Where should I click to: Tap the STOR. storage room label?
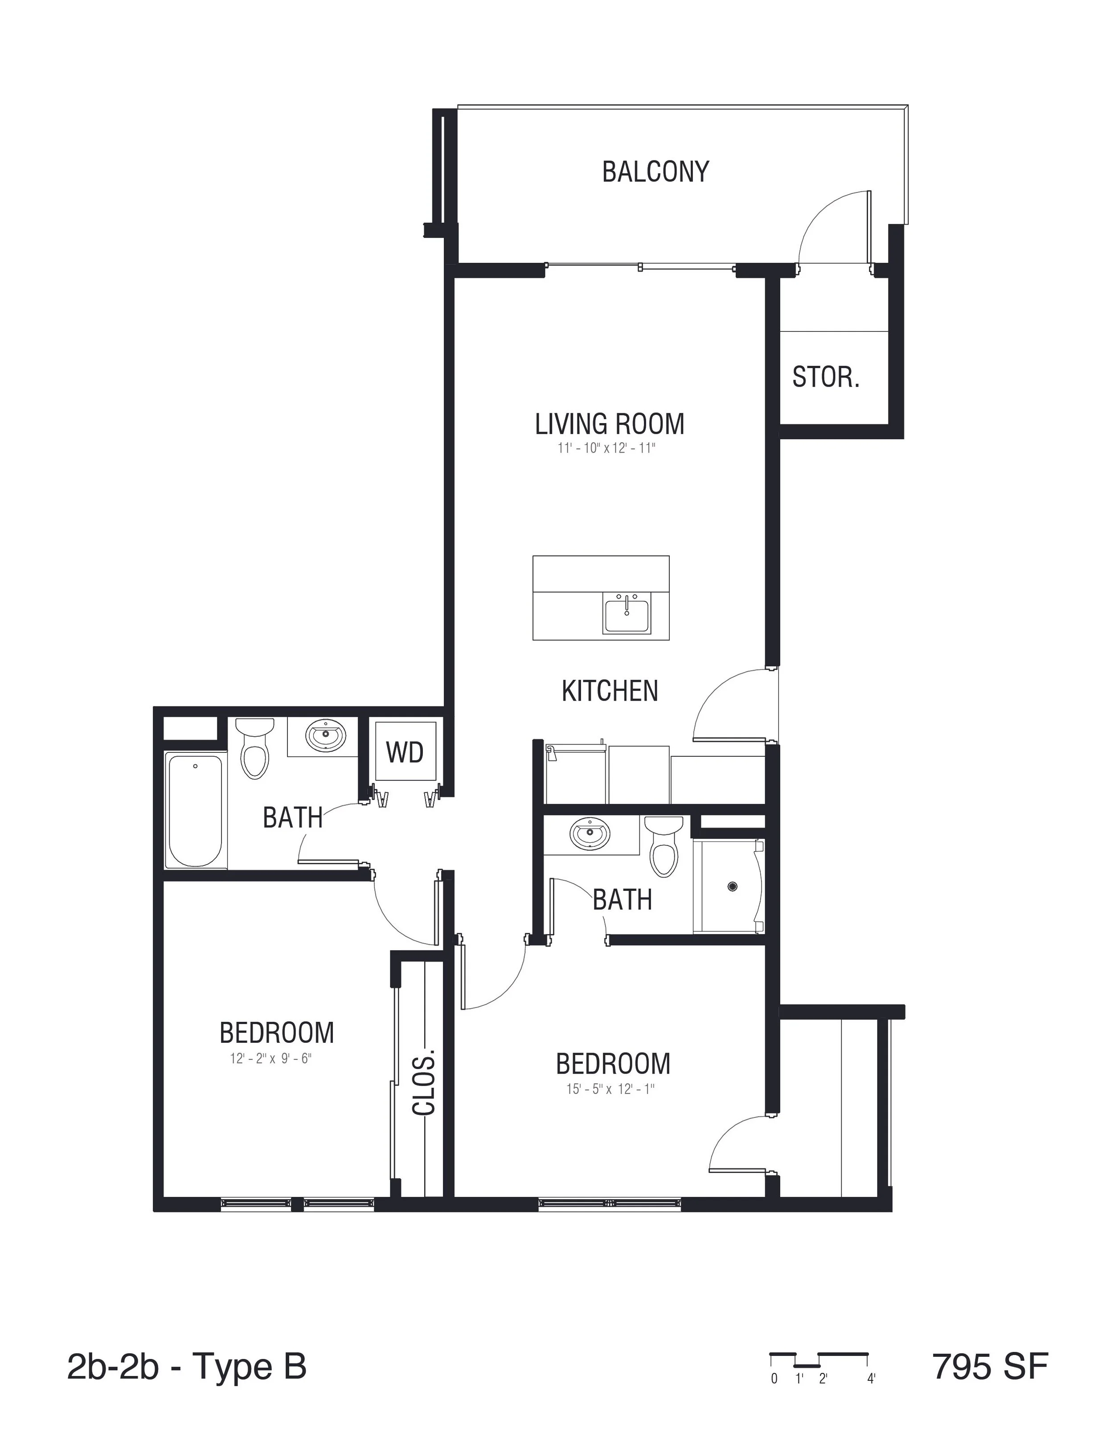tap(826, 377)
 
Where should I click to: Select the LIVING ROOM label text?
tap(609, 424)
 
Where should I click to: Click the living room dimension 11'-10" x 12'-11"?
tap(606, 449)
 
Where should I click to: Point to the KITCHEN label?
tap(610, 691)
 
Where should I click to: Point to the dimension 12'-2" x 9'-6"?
tap(270, 1059)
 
